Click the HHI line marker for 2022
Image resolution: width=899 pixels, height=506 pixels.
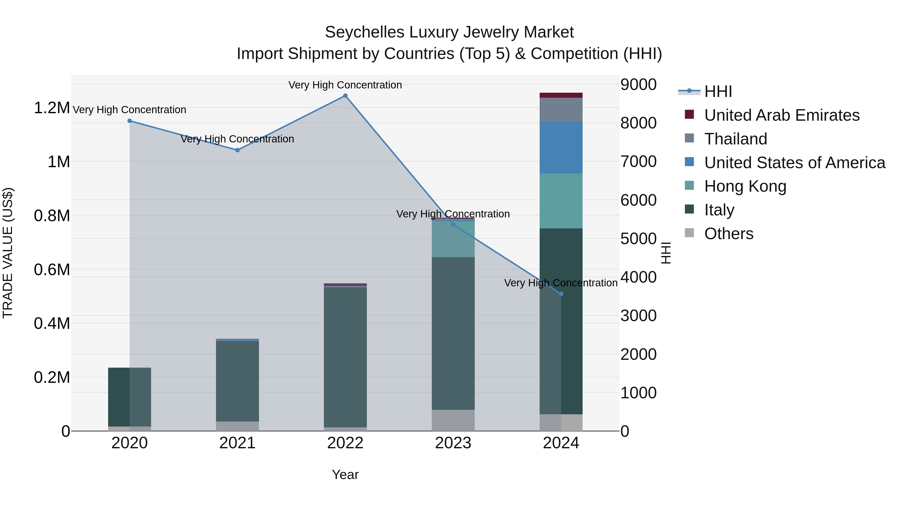[x=345, y=96]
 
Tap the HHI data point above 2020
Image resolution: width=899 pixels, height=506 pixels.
[x=129, y=121]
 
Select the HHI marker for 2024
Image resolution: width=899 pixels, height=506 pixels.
[x=561, y=294]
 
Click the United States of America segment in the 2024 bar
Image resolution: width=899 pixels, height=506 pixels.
[x=561, y=148]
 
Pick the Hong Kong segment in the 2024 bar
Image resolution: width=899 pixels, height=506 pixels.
[x=561, y=201]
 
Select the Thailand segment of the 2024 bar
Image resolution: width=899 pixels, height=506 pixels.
[x=561, y=110]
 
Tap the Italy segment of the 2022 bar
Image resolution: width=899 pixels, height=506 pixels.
[x=345, y=356]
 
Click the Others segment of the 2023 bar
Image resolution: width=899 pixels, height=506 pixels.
[x=453, y=421]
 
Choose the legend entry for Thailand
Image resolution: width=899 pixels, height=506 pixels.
[x=735, y=139]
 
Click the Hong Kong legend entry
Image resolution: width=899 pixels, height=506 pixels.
[x=745, y=186]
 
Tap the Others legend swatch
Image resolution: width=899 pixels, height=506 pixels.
[x=689, y=233]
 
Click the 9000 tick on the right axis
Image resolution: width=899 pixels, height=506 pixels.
[x=638, y=84]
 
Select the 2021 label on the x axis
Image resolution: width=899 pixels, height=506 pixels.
[x=237, y=443]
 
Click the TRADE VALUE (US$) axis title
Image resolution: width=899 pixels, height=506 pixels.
[x=8, y=253]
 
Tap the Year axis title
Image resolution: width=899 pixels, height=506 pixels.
[x=345, y=475]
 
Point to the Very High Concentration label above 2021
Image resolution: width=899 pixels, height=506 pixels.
[x=237, y=139]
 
